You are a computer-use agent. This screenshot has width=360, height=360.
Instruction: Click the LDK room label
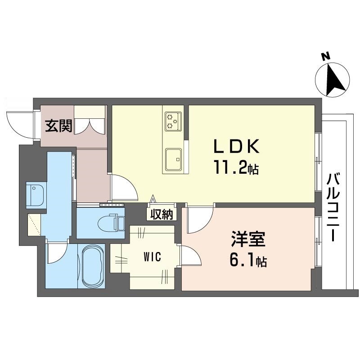tap(236, 147)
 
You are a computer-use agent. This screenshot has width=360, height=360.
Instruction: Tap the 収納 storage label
tap(162, 215)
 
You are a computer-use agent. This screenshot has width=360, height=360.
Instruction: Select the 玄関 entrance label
tap(58, 126)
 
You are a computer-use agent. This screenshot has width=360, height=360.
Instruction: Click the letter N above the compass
tap(325, 57)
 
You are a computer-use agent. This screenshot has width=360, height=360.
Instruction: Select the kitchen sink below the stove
tap(173, 159)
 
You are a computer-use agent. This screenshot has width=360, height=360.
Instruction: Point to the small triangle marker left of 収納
tap(152, 199)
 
